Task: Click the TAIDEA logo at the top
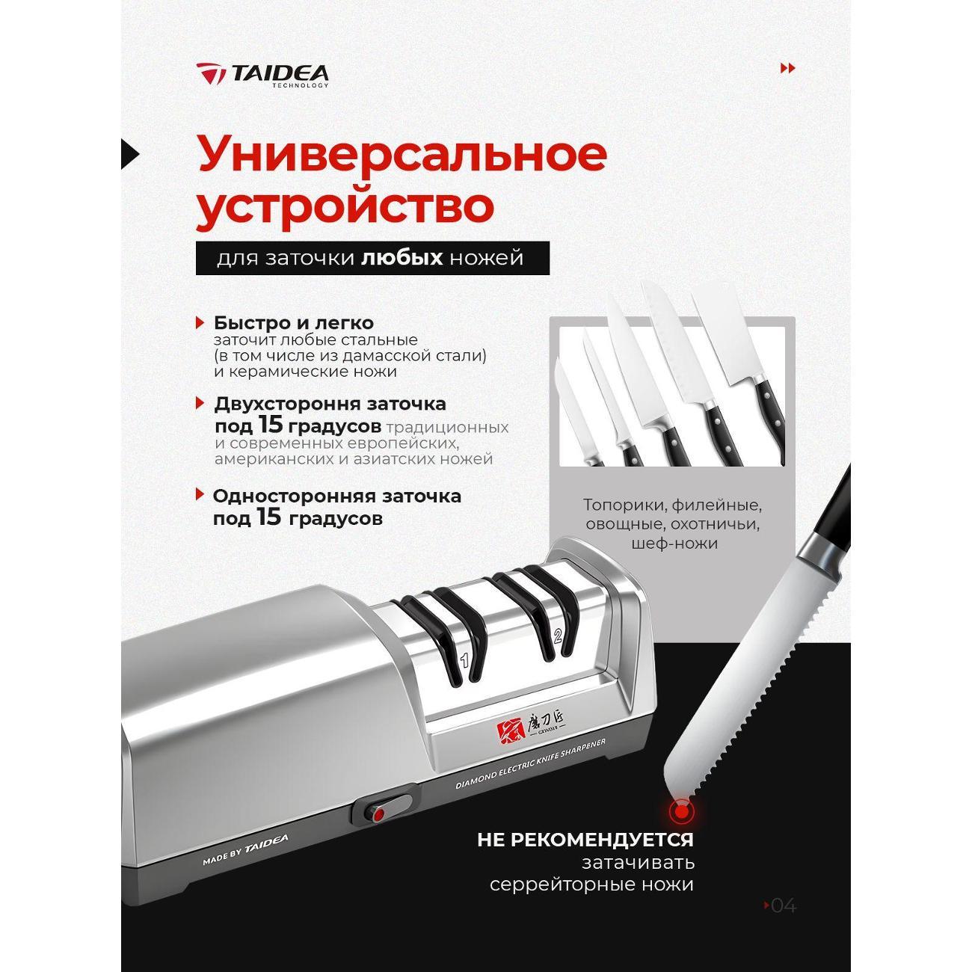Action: pyautogui.click(x=262, y=75)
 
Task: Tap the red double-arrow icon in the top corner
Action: pyautogui.click(x=787, y=69)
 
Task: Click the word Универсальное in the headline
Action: pyautogui.click(x=402, y=155)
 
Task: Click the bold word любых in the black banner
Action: pyautogui.click(x=402, y=259)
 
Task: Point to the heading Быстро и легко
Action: pyautogui.click(x=293, y=323)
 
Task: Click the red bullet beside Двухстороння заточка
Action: pyautogui.click(x=200, y=403)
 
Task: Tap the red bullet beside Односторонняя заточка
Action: pyautogui.click(x=200, y=494)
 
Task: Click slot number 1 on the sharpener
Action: pyautogui.click(x=464, y=660)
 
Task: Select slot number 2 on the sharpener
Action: pyautogui.click(x=556, y=637)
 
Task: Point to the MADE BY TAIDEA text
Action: pyautogui.click(x=245, y=850)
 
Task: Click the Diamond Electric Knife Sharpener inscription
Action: pyautogui.click(x=529, y=763)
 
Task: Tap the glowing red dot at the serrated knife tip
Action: pyautogui.click(x=680, y=810)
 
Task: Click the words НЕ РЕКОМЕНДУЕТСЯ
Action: pyautogui.click(x=585, y=840)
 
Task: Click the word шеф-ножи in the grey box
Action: pyautogui.click(x=674, y=544)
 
